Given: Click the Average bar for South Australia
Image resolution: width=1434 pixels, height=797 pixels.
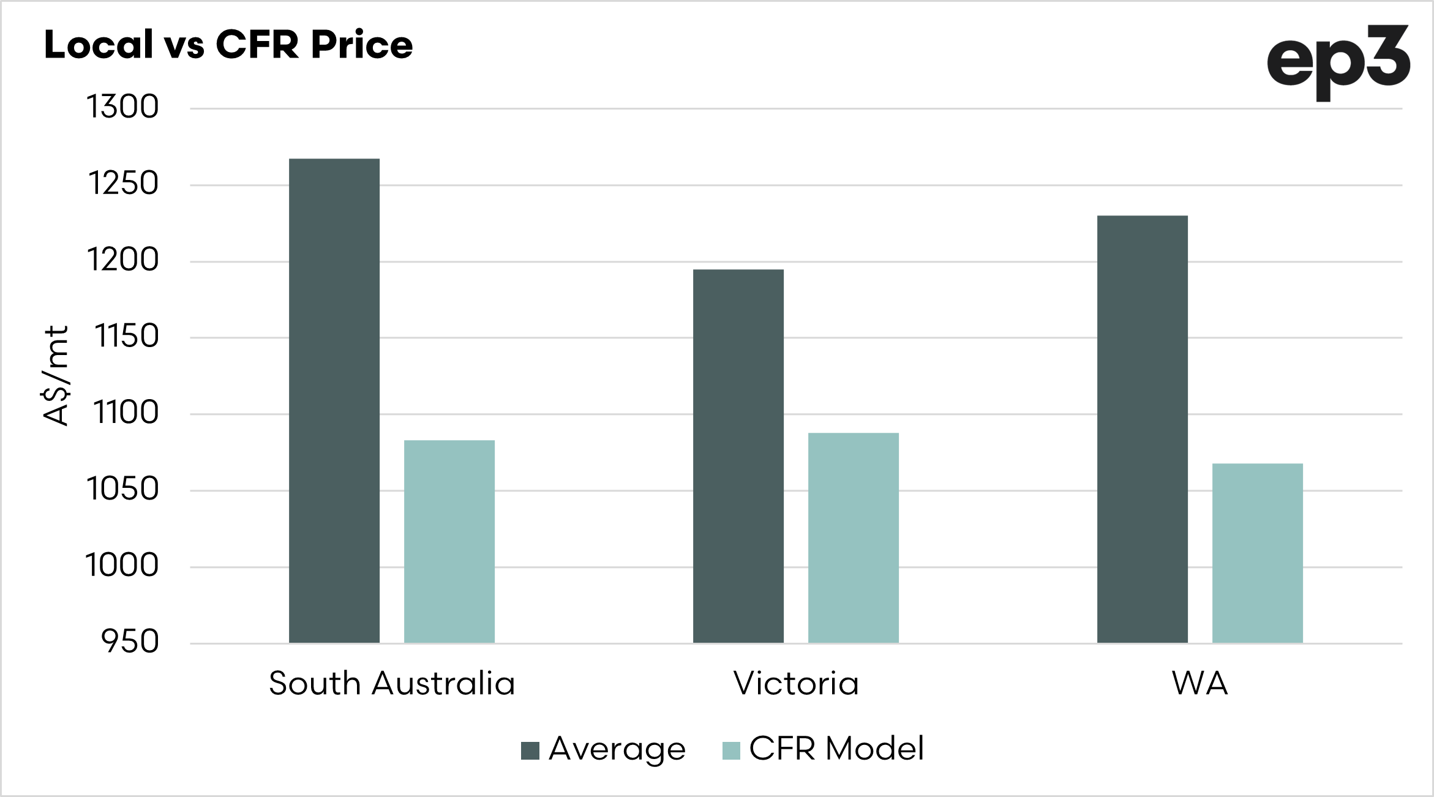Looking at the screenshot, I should click(334, 401).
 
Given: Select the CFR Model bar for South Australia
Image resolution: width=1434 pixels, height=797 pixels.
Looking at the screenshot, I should click(449, 541).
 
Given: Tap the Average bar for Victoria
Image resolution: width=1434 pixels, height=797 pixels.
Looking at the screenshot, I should click(738, 456).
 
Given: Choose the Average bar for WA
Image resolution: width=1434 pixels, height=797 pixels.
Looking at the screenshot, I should click(1143, 429).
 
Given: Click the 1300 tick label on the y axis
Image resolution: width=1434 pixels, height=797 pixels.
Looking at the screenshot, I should click(122, 107).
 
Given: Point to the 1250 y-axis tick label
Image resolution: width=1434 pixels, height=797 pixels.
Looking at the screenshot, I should click(123, 184).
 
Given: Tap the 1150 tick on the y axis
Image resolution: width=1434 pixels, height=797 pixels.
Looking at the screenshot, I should click(126, 337).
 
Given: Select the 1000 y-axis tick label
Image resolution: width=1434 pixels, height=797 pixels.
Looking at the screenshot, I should click(122, 566).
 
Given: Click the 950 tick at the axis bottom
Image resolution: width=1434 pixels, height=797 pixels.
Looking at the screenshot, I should click(130, 642).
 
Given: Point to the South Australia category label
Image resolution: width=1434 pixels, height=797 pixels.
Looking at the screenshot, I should click(392, 684).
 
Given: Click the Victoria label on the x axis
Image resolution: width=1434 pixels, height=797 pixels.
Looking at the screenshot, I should click(796, 684).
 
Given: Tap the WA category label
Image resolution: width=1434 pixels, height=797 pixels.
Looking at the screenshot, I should click(1200, 684).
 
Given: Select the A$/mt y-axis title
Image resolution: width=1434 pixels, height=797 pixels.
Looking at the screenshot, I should click(56, 375).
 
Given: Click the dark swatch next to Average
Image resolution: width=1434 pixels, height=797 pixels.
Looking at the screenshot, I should click(530, 750).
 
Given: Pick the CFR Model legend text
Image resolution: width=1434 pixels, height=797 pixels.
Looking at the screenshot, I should click(836, 749).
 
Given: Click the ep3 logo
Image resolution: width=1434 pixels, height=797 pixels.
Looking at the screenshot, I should click(1338, 61).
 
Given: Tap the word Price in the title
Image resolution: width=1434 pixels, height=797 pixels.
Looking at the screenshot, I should click(362, 45).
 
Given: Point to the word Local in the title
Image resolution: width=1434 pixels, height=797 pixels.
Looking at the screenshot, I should click(99, 45).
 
